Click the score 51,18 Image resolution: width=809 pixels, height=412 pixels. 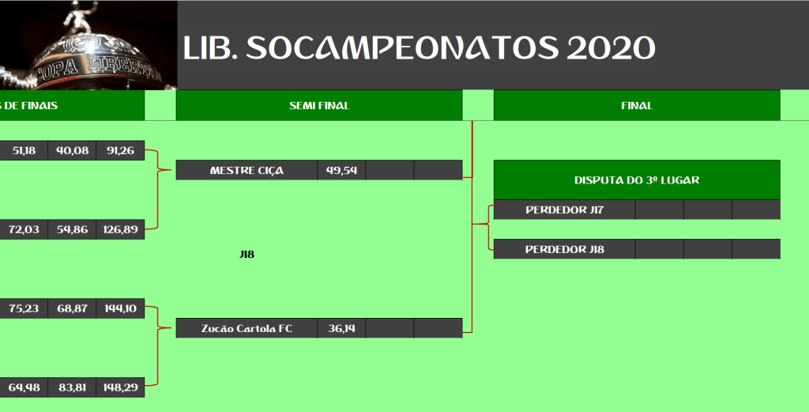[x=24, y=151]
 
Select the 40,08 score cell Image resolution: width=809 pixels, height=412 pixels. [x=72, y=151]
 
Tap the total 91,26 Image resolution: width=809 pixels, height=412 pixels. [x=120, y=151]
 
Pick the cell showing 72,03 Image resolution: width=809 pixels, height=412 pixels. [x=24, y=230]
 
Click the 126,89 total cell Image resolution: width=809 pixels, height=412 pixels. [x=120, y=230]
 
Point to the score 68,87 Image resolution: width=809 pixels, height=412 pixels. [x=72, y=308]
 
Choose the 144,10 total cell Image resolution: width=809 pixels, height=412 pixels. [x=120, y=308]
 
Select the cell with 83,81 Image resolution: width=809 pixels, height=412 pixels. [x=72, y=387]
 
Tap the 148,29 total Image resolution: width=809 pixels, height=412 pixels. [x=120, y=387]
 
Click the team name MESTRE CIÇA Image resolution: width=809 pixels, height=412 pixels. [x=246, y=171]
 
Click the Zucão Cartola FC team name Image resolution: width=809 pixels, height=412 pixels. [x=246, y=329]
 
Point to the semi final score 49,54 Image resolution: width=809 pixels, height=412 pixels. [x=341, y=170]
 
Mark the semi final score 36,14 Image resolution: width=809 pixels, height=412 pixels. [x=341, y=328]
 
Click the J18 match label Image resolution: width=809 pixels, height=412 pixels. [x=247, y=255]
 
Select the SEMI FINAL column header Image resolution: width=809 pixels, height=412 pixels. [x=319, y=106]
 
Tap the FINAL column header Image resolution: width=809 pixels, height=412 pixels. [x=638, y=106]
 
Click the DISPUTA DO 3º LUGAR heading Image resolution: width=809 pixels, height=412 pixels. [x=638, y=181]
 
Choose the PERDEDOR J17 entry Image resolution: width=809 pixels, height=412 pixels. [x=564, y=210]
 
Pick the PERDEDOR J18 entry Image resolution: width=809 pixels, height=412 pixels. [x=564, y=249]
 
